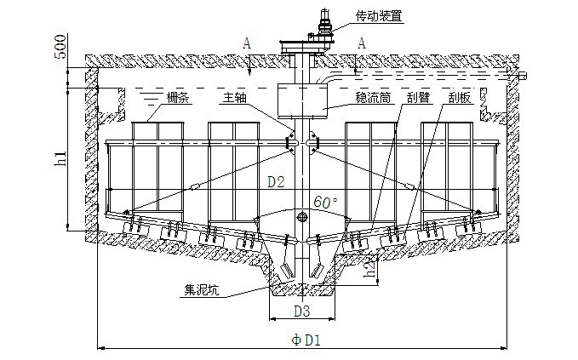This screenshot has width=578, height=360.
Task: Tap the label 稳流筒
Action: (x=374, y=99)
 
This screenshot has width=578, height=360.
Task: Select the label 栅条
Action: (x=178, y=99)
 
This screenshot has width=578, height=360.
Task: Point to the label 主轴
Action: (x=236, y=99)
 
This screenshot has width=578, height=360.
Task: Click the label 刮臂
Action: (x=419, y=99)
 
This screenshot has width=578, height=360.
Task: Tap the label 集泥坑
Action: (x=202, y=289)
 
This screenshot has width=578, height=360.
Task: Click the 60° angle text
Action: (x=325, y=203)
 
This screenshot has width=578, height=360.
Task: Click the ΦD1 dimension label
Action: (x=306, y=340)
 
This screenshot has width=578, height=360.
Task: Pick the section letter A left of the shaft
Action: (x=246, y=42)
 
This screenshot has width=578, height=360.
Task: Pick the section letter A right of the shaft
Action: (x=363, y=42)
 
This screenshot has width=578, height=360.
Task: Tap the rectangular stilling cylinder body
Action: (x=303, y=100)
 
